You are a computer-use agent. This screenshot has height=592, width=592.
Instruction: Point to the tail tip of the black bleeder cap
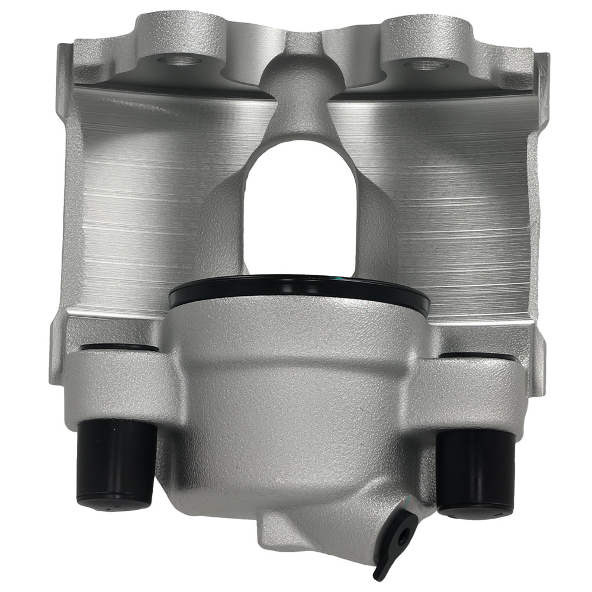(x=378, y=573)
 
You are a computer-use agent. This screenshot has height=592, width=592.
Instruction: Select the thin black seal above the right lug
(x=477, y=356)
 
